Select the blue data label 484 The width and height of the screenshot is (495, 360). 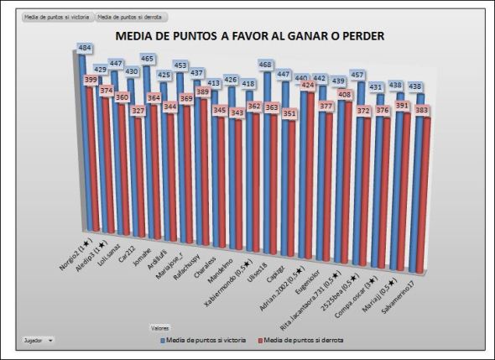click(x=85, y=49)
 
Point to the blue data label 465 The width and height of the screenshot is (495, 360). click(x=147, y=60)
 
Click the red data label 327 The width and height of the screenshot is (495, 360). click(x=137, y=111)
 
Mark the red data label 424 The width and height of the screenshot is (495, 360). click(x=307, y=86)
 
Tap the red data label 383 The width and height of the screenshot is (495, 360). click(x=423, y=111)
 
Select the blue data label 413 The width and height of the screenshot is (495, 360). click(x=214, y=83)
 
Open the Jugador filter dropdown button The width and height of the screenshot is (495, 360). click(x=50, y=341)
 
